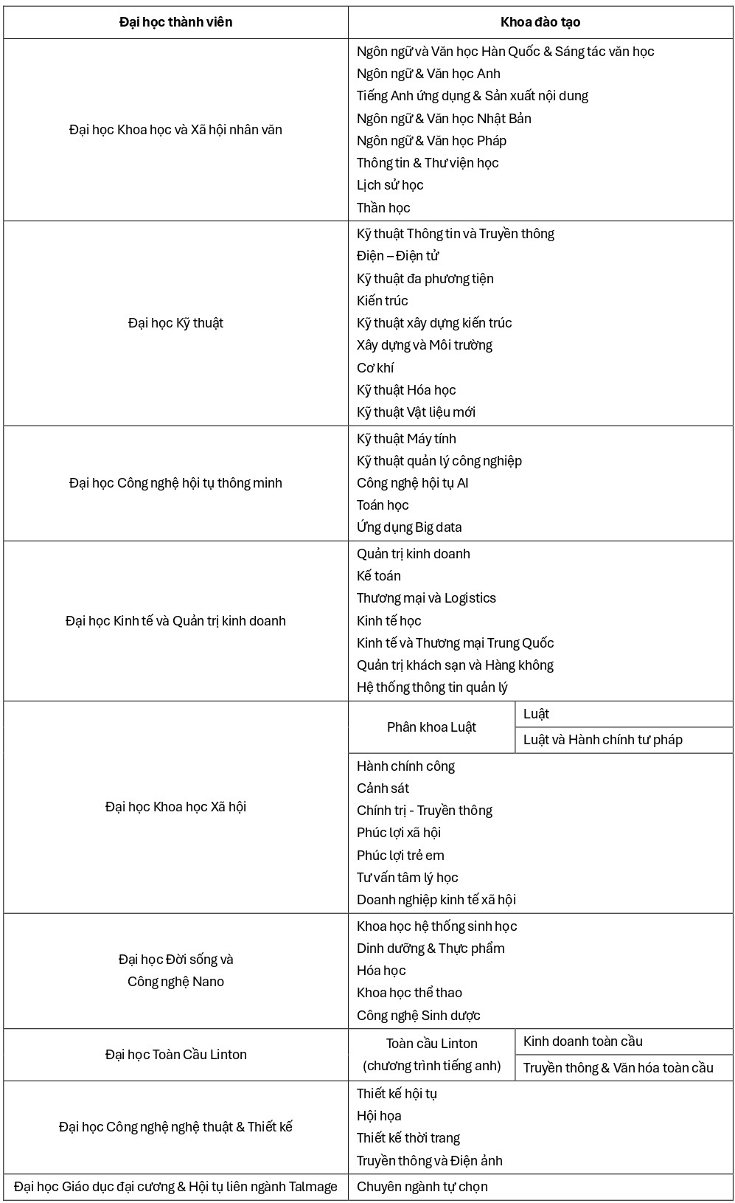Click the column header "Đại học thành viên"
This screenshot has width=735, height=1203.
point(175,22)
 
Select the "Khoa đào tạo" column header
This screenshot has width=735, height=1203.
point(540,22)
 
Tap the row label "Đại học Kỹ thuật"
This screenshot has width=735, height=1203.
point(175,323)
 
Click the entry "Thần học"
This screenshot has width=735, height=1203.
point(383,208)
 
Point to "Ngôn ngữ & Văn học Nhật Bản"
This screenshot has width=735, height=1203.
point(444,119)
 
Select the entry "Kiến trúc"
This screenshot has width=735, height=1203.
point(382,301)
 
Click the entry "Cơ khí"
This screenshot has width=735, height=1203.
point(375,368)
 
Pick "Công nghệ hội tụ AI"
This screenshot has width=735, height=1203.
point(412,483)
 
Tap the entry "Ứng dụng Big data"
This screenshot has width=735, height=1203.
point(409,527)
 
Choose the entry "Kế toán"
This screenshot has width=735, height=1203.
point(379,576)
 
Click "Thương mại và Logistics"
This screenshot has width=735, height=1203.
point(426,598)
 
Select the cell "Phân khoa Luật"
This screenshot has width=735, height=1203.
point(431,727)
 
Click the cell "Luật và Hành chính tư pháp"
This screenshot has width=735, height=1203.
point(602,740)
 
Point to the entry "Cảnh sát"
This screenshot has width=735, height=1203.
point(383,788)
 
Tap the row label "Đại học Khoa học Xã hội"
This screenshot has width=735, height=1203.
point(175,807)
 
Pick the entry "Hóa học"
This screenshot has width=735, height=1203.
point(381,971)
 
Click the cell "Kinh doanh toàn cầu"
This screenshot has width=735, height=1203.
point(582,1041)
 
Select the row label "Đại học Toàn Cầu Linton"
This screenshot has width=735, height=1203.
point(175,1055)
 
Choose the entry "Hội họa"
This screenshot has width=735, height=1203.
point(379,1116)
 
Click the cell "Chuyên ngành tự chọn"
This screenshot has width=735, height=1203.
point(422,1187)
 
